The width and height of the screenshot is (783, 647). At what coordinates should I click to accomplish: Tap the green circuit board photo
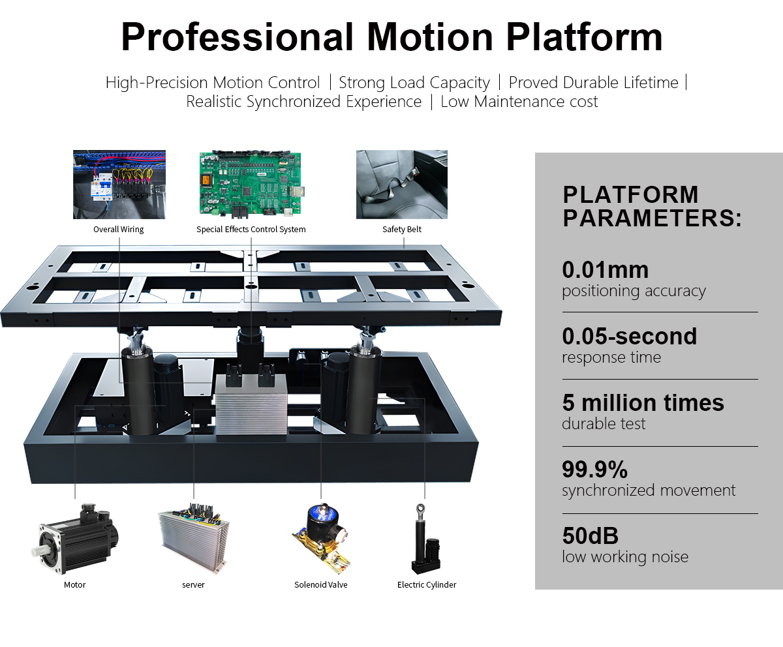pos(250,183)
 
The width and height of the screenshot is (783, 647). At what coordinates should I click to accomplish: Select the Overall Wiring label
pos(118,230)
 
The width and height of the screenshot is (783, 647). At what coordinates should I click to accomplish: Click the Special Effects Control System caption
pos(251,230)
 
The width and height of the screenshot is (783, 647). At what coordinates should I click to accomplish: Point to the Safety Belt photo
pos(401,184)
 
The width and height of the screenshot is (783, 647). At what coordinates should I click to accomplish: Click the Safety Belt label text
pos(401,230)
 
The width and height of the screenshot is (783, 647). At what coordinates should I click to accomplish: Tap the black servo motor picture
pos(76,539)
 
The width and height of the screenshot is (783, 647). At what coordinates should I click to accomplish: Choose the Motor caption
pos(74,585)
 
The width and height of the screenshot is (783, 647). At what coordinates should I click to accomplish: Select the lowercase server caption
pos(193,585)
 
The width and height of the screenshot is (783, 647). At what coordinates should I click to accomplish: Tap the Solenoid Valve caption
pos(320,585)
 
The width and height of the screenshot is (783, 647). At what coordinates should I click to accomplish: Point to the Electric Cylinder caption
pos(427,585)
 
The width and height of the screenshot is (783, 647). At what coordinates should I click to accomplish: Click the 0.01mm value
pos(605,270)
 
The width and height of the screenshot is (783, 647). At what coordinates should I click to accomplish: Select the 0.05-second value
pos(629,337)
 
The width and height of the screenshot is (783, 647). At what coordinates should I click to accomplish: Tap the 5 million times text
pos(643,403)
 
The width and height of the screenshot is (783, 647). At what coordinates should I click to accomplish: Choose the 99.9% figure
pos(594,470)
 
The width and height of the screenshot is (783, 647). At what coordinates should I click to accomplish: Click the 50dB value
pos(590,536)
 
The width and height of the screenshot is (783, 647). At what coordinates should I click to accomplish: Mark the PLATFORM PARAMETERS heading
pos(652,207)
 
